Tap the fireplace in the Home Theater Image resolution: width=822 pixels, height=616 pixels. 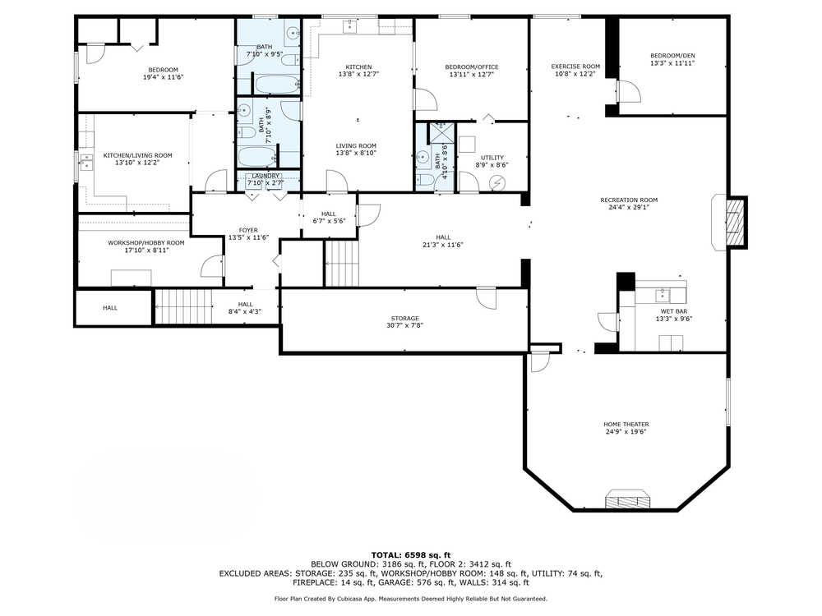[629, 499]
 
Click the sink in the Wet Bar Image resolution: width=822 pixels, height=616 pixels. [663, 295]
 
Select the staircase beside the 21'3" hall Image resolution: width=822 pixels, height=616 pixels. [342, 263]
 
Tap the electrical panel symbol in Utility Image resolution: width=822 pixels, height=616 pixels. [496, 183]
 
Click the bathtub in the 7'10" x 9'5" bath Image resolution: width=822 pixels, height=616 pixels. [276, 85]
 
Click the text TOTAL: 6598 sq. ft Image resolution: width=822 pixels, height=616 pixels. [410, 555]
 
